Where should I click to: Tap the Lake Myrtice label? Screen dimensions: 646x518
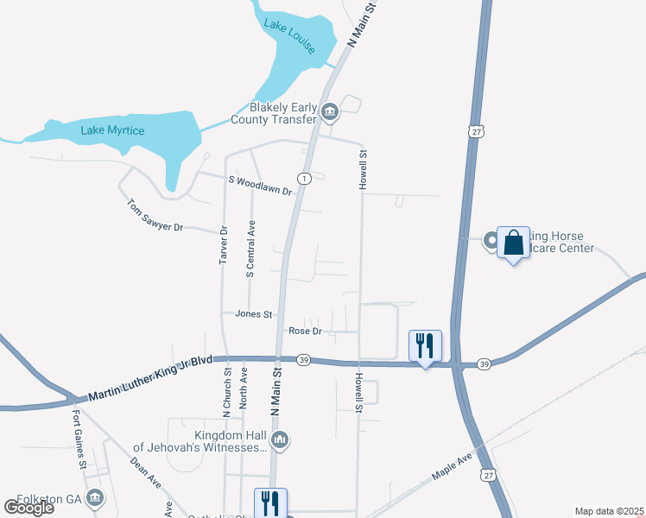(x=113, y=130)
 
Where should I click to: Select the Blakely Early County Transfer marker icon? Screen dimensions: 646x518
(x=330, y=111)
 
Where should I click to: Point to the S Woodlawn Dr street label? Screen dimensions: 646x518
(x=260, y=186)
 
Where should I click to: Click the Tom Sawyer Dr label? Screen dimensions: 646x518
(x=156, y=216)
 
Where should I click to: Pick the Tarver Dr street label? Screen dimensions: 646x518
(x=223, y=244)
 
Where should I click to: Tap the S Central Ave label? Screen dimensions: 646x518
(x=250, y=249)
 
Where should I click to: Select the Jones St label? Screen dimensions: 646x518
(x=254, y=314)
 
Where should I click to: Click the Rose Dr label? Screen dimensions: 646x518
(x=305, y=331)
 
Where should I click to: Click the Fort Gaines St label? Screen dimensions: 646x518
(x=79, y=439)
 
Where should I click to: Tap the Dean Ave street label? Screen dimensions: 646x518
(x=146, y=471)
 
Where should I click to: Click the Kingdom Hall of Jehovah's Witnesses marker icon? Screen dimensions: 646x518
(x=279, y=442)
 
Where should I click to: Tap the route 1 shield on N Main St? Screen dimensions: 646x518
(x=304, y=178)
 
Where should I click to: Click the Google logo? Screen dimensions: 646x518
(x=28, y=508)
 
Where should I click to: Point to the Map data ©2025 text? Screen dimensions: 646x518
(x=608, y=511)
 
